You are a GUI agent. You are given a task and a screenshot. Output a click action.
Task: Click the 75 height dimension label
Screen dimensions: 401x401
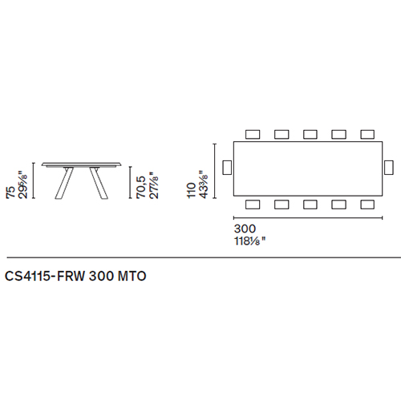point(10,192)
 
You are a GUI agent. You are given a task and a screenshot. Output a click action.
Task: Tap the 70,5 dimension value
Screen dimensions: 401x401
point(141,187)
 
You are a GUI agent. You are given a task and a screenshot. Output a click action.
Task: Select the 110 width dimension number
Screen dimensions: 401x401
point(192,190)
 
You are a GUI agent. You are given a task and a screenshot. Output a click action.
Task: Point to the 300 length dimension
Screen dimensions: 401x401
point(245,229)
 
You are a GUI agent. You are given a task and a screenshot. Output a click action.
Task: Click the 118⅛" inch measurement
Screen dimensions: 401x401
point(250,241)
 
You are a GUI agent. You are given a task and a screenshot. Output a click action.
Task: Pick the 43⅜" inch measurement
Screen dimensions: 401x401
point(204,184)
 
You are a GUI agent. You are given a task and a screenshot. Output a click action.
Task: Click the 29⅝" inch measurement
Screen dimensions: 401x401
point(22,186)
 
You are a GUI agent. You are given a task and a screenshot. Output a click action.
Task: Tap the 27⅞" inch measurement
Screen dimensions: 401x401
point(154,185)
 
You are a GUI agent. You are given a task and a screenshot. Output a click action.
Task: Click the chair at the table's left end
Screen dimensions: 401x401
point(227,168)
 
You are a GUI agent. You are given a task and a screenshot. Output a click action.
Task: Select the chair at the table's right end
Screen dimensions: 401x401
point(389,168)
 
